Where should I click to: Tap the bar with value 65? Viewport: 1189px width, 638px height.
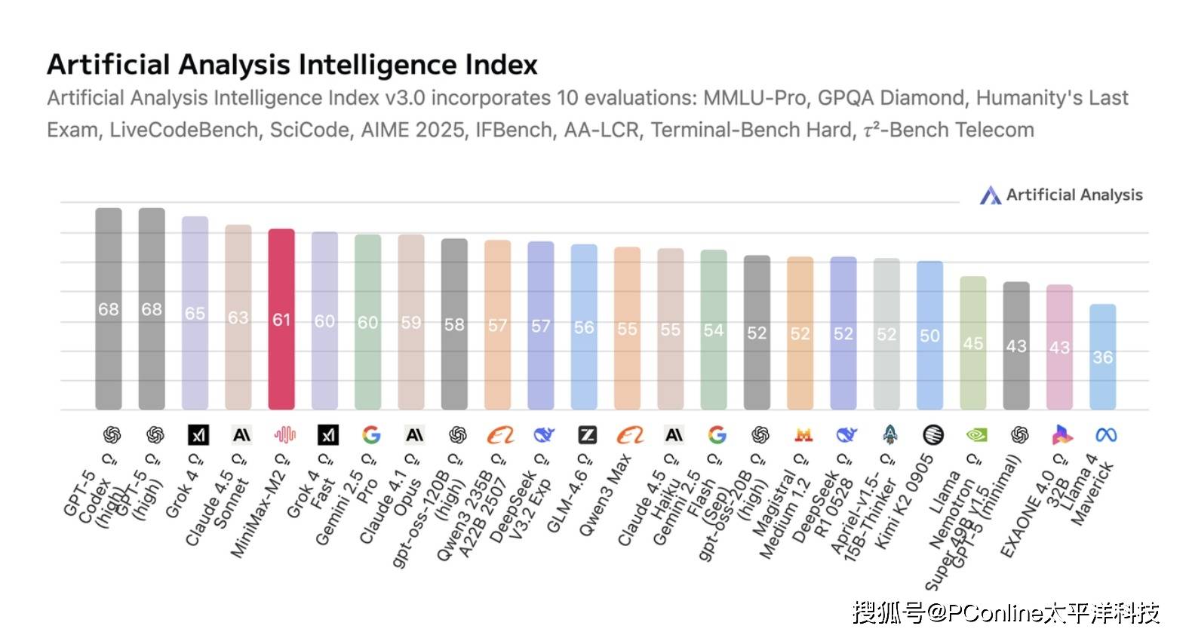(195, 313)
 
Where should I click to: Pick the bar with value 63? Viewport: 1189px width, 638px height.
(238, 317)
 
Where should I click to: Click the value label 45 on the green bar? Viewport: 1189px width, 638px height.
(972, 343)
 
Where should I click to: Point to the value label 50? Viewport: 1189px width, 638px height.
(929, 336)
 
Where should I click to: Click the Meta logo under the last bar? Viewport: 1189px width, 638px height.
(1106, 435)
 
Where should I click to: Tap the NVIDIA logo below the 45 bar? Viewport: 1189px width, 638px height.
(976, 435)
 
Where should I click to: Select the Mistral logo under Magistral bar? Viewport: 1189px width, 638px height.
(803, 435)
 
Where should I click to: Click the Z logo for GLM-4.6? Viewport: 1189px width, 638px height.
(587, 435)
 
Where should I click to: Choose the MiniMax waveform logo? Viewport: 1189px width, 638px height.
(284, 435)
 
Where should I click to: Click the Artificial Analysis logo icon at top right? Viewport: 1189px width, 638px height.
(990, 195)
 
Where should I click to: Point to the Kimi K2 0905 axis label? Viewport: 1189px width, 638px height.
(905, 502)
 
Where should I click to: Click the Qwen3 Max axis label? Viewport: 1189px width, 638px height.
(604, 495)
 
